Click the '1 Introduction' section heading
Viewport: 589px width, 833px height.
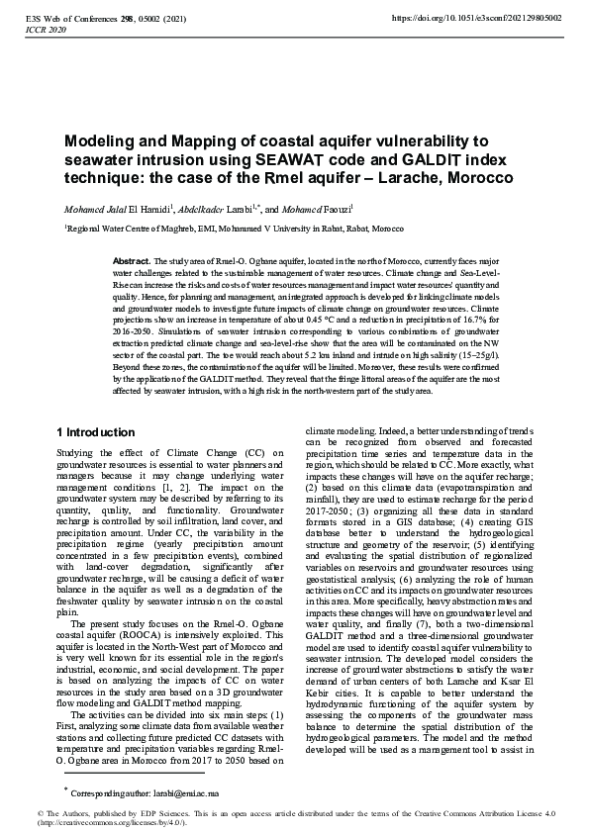click(95, 432)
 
